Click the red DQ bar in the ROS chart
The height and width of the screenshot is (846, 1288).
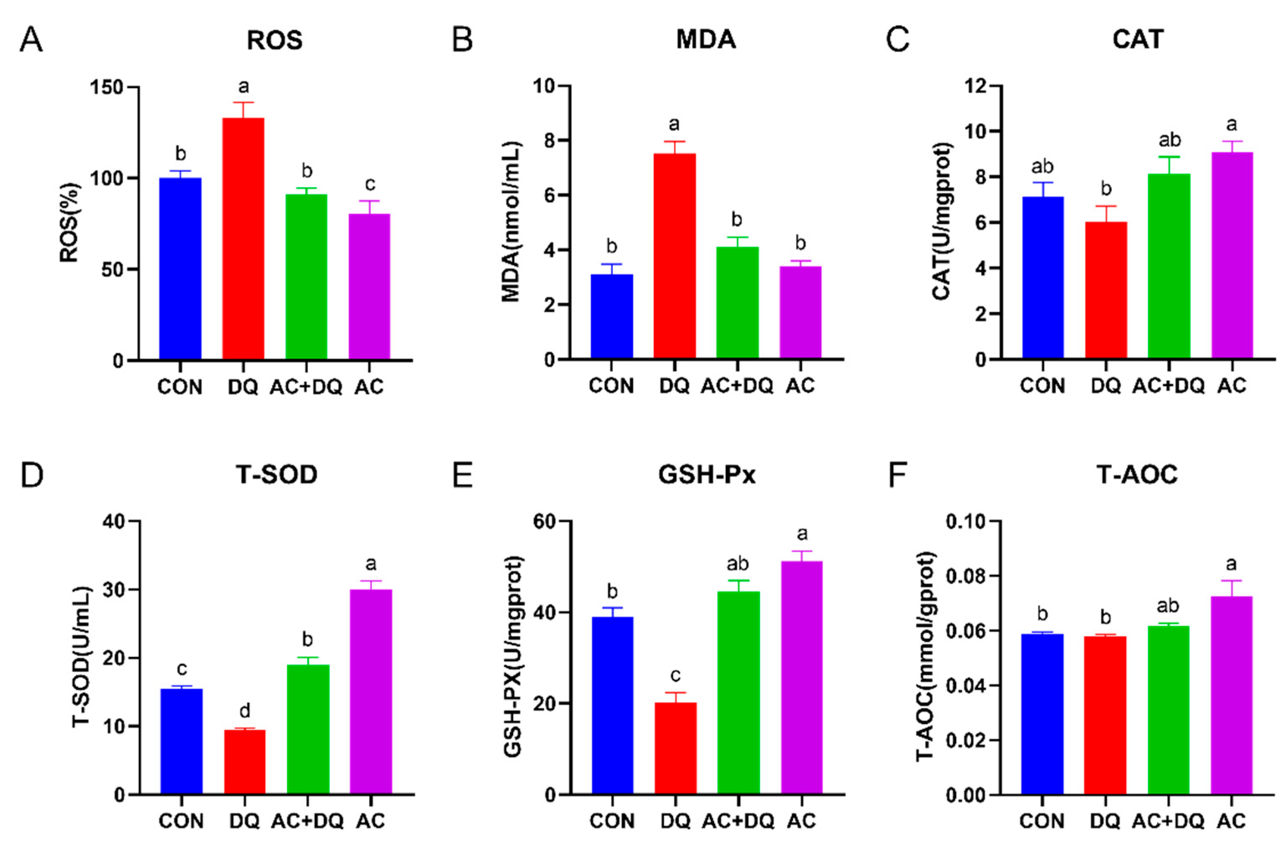click(x=243, y=238)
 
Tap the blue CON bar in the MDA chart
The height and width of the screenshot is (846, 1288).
click(x=612, y=317)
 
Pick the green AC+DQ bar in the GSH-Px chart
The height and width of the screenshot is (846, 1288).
click(x=738, y=693)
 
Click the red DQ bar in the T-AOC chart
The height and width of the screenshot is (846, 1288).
click(x=1105, y=715)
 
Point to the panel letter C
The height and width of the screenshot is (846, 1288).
click(x=898, y=39)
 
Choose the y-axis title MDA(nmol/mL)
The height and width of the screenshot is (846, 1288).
click(x=511, y=222)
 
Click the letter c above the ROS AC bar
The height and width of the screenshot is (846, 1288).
click(x=370, y=185)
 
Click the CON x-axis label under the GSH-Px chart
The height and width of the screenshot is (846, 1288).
click(x=612, y=821)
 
